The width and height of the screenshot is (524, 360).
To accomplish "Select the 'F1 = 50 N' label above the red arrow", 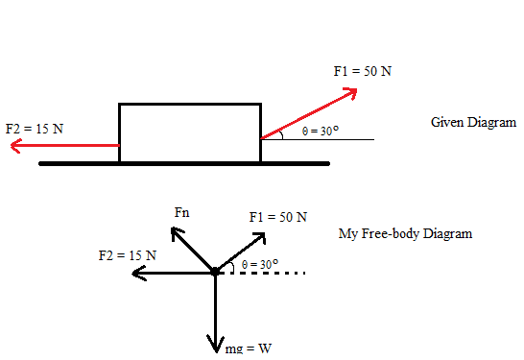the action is (x=362, y=71).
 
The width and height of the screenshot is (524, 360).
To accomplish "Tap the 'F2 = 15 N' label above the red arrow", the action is (x=35, y=129).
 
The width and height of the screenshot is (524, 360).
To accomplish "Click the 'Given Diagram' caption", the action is (x=473, y=122).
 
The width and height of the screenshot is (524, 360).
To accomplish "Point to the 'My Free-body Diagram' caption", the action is (x=405, y=233).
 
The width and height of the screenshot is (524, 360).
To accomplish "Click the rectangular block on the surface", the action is (x=190, y=133).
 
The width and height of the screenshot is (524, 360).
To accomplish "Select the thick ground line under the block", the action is (x=184, y=164).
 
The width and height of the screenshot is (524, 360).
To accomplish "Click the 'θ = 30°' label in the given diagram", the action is (x=321, y=131).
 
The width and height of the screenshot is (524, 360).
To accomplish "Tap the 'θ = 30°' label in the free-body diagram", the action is (x=260, y=264).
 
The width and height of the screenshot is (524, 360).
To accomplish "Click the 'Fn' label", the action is (x=181, y=212).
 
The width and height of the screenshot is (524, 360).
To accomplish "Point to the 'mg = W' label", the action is (x=249, y=348).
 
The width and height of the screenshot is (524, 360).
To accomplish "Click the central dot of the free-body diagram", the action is (x=215, y=272).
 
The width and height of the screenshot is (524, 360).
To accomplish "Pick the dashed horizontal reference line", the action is (x=262, y=273).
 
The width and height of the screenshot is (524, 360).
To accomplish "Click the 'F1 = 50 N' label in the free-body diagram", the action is (x=278, y=217).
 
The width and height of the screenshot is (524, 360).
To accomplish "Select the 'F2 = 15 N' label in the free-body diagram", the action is (x=128, y=255).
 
